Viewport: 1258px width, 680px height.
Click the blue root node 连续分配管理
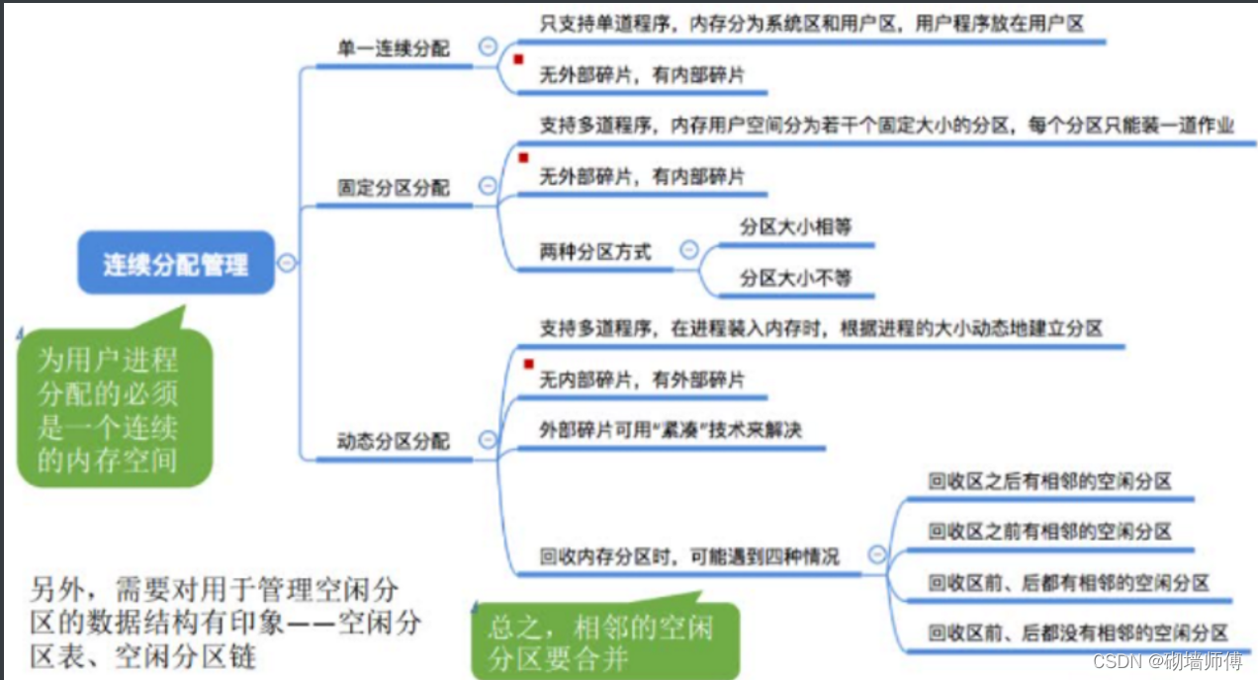coord(175,263)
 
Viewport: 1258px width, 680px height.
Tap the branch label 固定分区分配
coord(394,187)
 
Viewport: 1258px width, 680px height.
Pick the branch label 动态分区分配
coord(394,441)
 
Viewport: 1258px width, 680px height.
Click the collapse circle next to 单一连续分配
coord(487,45)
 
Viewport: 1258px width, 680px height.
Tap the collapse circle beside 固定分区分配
coord(487,185)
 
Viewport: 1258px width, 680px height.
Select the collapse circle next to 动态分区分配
coord(487,440)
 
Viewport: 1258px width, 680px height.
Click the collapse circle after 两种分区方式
coord(689,249)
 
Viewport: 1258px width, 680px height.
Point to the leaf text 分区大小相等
coord(795,226)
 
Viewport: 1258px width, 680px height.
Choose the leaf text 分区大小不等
coord(795,279)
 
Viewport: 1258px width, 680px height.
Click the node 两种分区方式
coord(595,251)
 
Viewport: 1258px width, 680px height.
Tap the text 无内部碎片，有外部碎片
coord(642,380)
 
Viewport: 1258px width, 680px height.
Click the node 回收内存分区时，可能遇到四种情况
coord(689,556)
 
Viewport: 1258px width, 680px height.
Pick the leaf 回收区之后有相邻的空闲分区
coord(1049,481)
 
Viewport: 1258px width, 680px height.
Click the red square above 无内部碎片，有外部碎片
coord(528,363)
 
